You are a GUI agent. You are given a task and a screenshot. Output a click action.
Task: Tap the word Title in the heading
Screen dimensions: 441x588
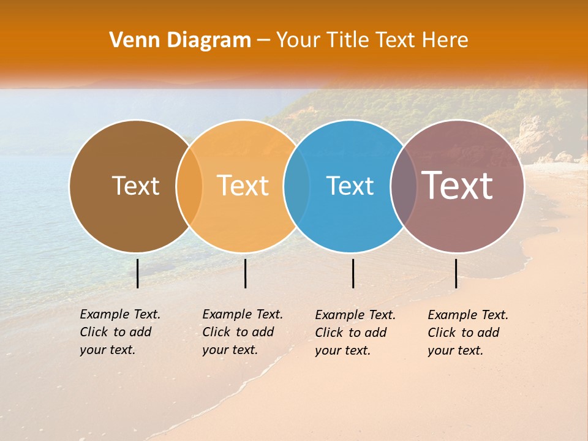345,40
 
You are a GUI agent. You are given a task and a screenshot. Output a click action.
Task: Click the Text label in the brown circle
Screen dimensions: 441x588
135,186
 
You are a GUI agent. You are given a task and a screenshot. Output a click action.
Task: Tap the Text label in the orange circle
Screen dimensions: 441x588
243,186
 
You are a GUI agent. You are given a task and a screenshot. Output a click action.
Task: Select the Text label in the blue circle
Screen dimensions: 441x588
350,186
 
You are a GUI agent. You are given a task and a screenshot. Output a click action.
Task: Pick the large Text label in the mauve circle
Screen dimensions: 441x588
458,186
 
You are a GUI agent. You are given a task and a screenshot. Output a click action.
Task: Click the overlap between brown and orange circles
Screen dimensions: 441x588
190,186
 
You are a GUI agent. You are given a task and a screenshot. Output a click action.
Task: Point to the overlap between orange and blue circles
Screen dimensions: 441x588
297,186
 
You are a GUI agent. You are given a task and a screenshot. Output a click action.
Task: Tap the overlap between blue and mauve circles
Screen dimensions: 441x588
404,186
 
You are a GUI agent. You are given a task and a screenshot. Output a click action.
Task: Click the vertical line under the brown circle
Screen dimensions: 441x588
138,273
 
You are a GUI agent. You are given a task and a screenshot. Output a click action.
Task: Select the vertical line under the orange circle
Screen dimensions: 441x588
245,273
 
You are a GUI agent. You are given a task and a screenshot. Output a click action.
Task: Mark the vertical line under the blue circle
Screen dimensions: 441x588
353,273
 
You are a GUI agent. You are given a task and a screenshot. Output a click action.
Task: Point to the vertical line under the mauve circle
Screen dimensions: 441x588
456,273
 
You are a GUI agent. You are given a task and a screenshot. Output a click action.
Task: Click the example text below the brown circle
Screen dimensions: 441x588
119,332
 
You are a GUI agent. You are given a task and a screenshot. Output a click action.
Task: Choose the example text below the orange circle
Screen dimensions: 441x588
242,332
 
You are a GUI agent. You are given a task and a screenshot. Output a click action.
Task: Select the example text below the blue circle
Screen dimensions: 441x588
355,333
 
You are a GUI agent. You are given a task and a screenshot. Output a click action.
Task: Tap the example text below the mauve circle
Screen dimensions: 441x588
467,333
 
